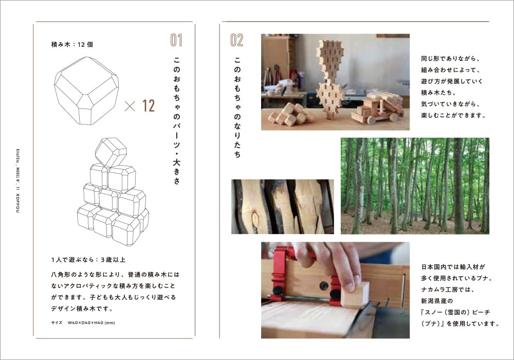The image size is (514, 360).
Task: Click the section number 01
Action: click(176, 40)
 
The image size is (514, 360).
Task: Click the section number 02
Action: click(236, 40)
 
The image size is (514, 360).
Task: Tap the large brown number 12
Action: click(148, 105)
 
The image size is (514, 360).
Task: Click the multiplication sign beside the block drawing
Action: click(130, 106)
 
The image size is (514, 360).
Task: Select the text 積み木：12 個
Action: click(72, 44)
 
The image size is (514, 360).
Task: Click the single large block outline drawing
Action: click(86, 91)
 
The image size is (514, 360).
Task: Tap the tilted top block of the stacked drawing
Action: click(111, 152)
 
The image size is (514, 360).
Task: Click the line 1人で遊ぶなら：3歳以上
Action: click(88, 260)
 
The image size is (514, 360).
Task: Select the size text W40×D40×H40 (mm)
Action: click(91, 322)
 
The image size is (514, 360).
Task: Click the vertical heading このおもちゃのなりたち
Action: click(237, 107)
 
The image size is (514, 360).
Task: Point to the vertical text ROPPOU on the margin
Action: click(17, 203)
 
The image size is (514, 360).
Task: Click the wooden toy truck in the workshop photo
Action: click(377, 107)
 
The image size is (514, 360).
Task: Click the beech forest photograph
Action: click(415, 186)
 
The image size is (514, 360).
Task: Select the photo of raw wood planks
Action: click(283, 207)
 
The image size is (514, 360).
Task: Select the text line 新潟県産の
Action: click(436, 301)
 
